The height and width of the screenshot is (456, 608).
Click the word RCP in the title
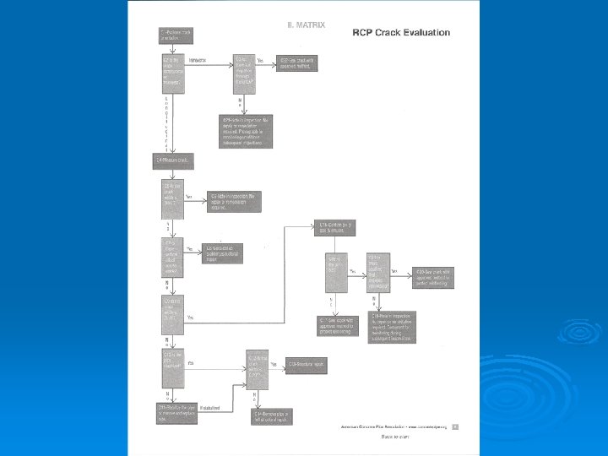365,32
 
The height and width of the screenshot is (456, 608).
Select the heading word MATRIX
307,24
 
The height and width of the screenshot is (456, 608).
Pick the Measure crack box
175,159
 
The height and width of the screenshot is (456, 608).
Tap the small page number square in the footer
455,426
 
